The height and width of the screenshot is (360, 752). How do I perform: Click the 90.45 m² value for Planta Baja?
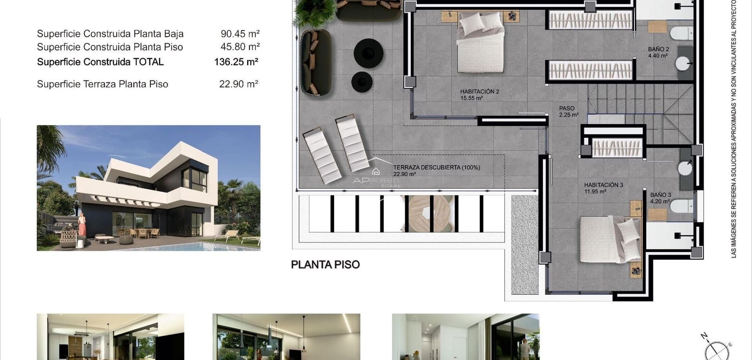tap(240, 34)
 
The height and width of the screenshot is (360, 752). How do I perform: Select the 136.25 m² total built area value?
tap(236, 62)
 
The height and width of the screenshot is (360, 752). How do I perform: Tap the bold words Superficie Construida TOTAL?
tap(100, 62)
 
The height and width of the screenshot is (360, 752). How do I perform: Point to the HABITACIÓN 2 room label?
tap(479, 92)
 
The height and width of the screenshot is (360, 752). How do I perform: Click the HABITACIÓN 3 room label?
tap(603, 185)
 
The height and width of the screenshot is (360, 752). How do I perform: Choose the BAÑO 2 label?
tap(658, 49)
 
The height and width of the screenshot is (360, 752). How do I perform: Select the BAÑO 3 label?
tap(660, 195)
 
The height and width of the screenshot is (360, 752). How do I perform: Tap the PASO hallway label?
tap(567, 109)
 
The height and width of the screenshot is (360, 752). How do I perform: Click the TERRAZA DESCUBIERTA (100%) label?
tap(436, 167)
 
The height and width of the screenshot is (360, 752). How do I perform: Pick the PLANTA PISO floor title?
tap(325, 265)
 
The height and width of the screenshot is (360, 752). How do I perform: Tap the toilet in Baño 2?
tap(681, 33)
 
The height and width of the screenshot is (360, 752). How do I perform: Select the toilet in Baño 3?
tap(682, 206)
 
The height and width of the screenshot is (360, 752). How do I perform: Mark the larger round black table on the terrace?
tap(368, 54)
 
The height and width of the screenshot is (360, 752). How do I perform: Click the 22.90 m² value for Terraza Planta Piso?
tap(238, 84)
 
